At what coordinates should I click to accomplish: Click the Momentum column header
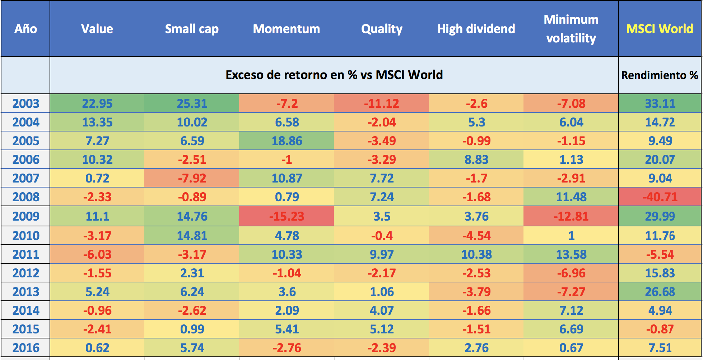pyautogui.click(x=286, y=29)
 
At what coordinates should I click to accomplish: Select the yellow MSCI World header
pyautogui.click(x=660, y=29)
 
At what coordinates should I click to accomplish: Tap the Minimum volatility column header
pyautogui.click(x=571, y=29)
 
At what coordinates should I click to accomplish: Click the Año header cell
pyautogui.click(x=25, y=29)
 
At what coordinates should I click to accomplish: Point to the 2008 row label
pyautogui.click(x=25, y=197)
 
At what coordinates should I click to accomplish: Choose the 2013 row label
pyautogui.click(x=25, y=292)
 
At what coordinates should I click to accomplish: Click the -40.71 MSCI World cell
pyautogui.click(x=660, y=197)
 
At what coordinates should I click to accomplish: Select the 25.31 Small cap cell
pyautogui.click(x=192, y=103)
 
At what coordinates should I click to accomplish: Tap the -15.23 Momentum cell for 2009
pyautogui.click(x=286, y=216)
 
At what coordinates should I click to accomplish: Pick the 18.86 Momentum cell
pyautogui.click(x=286, y=141)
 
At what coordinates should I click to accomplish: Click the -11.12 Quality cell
pyautogui.click(x=381, y=103)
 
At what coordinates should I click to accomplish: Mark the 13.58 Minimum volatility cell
pyautogui.click(x=571, y=254)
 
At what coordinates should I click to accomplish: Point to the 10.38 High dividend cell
pyautogui.click(x=476, y=254)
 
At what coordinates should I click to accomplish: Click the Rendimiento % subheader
pyautogui.click(x=660, y=75)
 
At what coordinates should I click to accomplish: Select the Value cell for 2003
pyautogui.click(x=97, y=103)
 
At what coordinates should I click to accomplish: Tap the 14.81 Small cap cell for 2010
pyautogui.click(x=192, y=236)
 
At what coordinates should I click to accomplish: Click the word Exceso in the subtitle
pyautogui.click(x=244, y=75)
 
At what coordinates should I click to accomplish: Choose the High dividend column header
pyautogui.click(x=476, y=29)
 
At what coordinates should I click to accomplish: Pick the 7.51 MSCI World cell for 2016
pyautogui.click(x=660, y=348)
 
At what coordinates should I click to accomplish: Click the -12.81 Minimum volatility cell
pyautogui.click(x=571, y=216)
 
